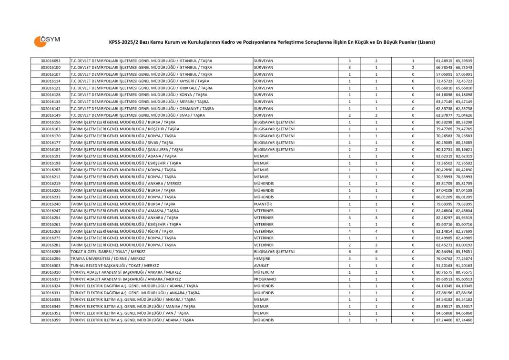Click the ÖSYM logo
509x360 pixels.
coord(47,41)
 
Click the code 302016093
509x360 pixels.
coord(51,61)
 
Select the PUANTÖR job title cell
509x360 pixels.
coord(263,204)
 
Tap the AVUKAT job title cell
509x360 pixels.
coord(262,266)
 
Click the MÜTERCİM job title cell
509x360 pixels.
coord(264,272)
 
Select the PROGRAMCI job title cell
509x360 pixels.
coord(265,279)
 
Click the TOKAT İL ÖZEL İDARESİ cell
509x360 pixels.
coord(108,252)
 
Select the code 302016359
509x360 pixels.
coord(51,320)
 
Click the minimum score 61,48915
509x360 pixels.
coord(444,61)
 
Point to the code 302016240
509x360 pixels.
coord(51,204)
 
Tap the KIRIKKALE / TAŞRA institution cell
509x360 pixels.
coord(142,88)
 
